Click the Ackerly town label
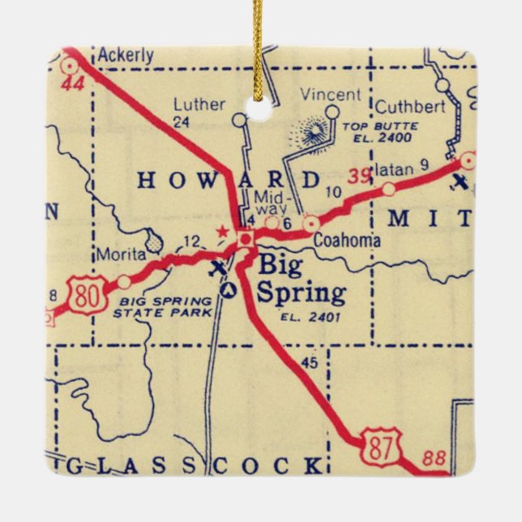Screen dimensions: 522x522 (x=126, y=56)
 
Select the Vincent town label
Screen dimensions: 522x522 (x=330, y=94)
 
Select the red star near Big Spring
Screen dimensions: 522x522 (x=223, y=232)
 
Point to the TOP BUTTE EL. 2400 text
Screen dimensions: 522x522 (x=380, y=132)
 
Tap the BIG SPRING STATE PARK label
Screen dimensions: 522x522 (x=164, y=306)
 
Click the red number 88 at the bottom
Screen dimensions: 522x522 (x=434, y=459)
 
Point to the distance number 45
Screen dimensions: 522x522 (x=309, y=363)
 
